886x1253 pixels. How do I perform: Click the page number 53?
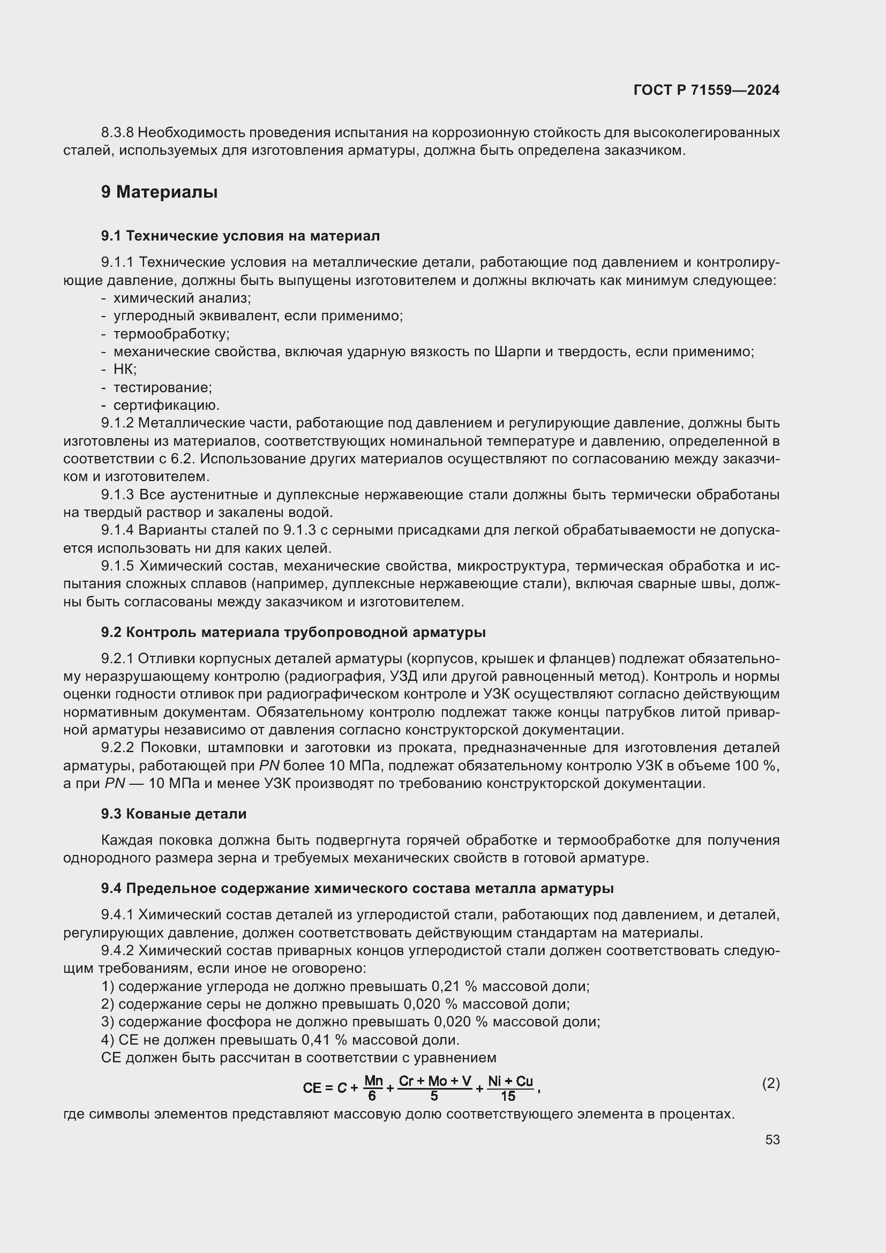pos(772,1139)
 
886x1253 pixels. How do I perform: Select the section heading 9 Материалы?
pos(159,192)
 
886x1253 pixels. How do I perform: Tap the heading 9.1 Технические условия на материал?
pos(240,236)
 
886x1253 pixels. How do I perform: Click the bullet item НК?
pos(125,370)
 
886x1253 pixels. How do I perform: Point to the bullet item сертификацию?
pos(167,406)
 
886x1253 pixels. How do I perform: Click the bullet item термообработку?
pos(171,333)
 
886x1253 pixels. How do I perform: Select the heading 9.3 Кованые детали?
pos(174,814)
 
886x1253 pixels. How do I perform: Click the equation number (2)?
pos(770,1083)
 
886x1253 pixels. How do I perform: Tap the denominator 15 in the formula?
pos(508,1097)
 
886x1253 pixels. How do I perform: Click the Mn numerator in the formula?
pos(373,1081)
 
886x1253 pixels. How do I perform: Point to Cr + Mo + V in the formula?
pos(435,1081)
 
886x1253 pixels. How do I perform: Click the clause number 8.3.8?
pos(117,133)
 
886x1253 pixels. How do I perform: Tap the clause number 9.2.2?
pos(117,748)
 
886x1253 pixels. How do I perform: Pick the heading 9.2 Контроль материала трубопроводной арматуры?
pos(293,633)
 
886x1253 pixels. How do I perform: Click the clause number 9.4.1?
pos(117,914)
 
